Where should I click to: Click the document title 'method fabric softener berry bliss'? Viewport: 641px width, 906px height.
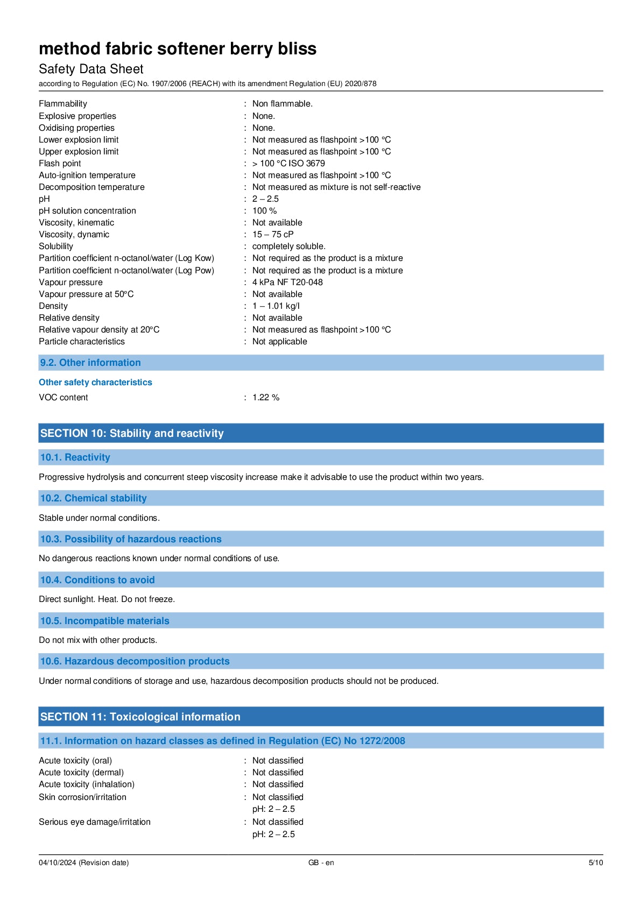click(178, 49)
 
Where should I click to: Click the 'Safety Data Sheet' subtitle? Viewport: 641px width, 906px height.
click(91, 69)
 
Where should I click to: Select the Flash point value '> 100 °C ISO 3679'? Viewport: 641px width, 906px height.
click(288, 164)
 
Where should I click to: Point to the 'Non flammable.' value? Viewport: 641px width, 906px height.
click(282, 104)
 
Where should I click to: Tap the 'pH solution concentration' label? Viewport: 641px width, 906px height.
click(87, 211)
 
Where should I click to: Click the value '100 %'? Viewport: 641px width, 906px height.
click(264, 211)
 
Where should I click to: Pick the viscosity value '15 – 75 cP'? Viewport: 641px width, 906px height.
click(273, 235)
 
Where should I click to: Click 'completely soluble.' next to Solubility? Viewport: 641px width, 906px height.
click(288, 246)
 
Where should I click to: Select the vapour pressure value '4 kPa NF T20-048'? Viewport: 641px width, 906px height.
click(287, 282)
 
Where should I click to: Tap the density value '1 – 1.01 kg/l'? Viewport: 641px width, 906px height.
click(276, 306)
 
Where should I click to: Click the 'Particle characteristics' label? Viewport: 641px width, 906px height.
click(82, 342)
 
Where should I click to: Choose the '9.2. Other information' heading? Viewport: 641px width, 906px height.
click(90, 363)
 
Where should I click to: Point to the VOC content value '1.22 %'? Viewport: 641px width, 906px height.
click(266, 398)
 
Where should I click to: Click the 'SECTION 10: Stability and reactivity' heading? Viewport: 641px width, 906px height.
click(132, 434)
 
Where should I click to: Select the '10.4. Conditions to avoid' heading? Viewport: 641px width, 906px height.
click(97, 580)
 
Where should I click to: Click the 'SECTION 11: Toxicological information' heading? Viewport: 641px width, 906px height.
click(140, 717)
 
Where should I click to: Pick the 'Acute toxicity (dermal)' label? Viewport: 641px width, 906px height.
click(81, 773)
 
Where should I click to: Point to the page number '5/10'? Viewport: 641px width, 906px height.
click(596, 863)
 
